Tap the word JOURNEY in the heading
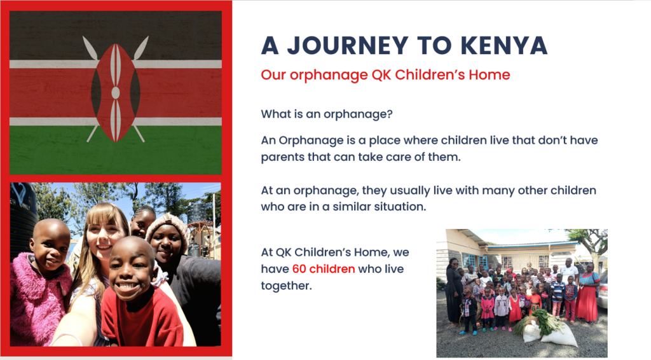pos(347,45)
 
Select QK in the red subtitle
pos(381,75)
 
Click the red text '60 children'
pos(324,269)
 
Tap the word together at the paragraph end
pos(286,286)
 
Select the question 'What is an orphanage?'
pos(327,114)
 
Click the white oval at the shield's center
pos(116,93)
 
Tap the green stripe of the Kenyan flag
pos(116,150)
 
